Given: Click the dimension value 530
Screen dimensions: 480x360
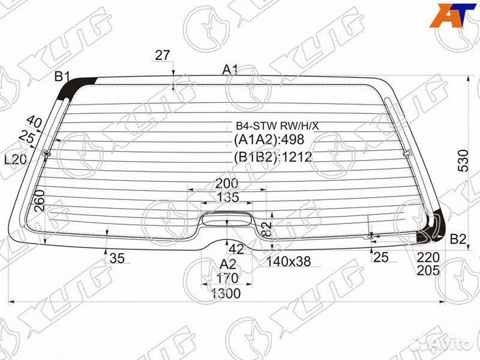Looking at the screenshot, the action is [x=464, y=161].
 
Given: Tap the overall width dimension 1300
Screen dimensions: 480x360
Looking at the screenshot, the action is [x=226, y=293].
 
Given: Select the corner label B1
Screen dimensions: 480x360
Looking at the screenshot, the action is [x=63, y=76].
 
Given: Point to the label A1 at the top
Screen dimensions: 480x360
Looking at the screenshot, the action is [x=230, y=70].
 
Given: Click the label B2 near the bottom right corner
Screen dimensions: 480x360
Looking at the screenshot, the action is [x=458, y=239].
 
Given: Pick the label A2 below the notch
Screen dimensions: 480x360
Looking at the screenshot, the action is [x=229, y=264].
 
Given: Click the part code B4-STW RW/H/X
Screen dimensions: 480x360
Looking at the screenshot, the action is [x=277, y=125].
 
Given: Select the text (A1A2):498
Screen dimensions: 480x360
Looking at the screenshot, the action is [x=269, y=139].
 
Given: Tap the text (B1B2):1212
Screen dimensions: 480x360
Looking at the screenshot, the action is [x=273, y=157].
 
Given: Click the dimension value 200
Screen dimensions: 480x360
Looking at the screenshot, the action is [x=227, y=184].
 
